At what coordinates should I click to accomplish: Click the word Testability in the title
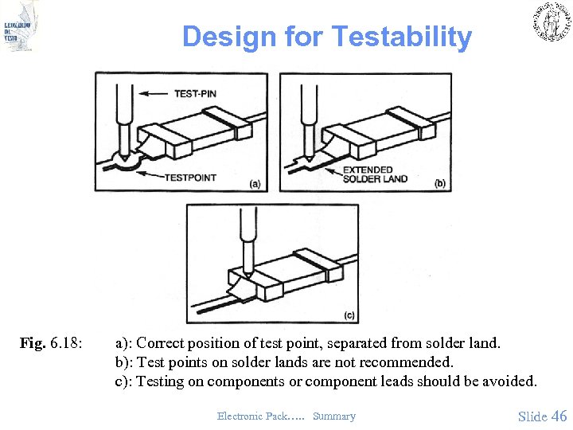click(401, 37)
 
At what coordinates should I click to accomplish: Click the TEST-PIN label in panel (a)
click(195, 94)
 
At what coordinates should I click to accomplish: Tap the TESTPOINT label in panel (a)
click(190, 177)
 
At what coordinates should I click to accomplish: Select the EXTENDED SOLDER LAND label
click(375, 174)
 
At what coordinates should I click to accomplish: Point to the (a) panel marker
click(255, 184)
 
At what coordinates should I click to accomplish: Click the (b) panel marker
click(440, 184)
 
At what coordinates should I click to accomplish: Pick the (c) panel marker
click(349, 315)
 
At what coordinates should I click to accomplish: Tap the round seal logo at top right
click(550, 21)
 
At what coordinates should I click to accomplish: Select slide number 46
click(559, 416)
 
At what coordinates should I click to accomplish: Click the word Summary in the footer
click(334, 416)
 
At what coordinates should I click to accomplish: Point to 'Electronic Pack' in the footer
click(248, 416)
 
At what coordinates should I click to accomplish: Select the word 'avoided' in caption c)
click(509, 381)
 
